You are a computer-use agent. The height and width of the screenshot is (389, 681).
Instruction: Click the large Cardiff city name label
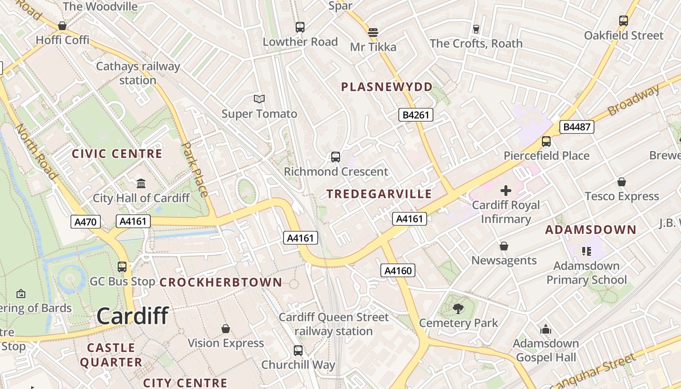[x=132, y=316]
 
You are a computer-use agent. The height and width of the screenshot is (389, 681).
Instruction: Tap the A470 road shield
[x=86, y=222]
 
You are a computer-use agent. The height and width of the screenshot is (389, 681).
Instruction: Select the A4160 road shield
[x=398, y=271]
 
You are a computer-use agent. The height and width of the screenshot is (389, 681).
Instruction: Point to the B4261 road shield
[x=415, y=115]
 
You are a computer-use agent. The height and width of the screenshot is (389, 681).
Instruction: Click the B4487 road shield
[x=576, y=127]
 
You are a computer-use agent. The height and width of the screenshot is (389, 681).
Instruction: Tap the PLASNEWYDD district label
[x=387, y=87]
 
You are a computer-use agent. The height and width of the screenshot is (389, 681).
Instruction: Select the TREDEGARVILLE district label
[x=379, y=194]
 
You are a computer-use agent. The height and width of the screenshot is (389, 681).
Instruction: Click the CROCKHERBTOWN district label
[x=221, y=282]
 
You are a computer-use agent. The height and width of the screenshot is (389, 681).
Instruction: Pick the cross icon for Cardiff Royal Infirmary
[x=506, y=191]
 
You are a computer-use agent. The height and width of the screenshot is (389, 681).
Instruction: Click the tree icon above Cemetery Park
[x=458, y=308]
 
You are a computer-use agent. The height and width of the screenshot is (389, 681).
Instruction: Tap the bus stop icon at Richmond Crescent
[x=335, y=157]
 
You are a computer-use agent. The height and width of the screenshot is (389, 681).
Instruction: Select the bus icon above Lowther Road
[x=300, y=27]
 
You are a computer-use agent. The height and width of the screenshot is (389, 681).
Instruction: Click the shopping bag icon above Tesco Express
[x=621, y=182]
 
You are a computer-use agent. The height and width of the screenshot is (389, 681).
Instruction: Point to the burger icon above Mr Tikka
[x=373, y=33]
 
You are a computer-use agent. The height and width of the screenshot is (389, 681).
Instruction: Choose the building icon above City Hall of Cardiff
[x=141, y=183]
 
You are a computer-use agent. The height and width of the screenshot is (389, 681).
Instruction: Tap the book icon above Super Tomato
[x=259, y=99]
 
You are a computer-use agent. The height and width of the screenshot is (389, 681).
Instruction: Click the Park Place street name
[x=195, y=169]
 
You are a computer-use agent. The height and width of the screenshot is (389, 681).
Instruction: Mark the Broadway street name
[x=634, y=100]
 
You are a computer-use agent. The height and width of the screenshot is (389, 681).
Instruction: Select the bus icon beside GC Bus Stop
[x=122, y=266]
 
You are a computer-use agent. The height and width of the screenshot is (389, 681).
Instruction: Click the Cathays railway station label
[x=138, y=73]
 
